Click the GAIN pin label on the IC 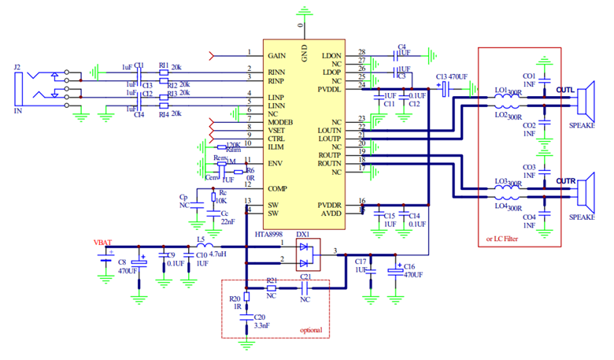click(x=276, y=57)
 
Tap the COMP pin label click(x=277, y=189)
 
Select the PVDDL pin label click(x=329, y=89)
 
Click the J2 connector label click(x=18, y=68)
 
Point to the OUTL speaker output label click(x=566, y=90)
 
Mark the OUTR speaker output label click(x=566, y=181)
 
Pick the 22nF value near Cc click(x=227, y=223)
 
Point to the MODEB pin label click(x=281, y=123)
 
